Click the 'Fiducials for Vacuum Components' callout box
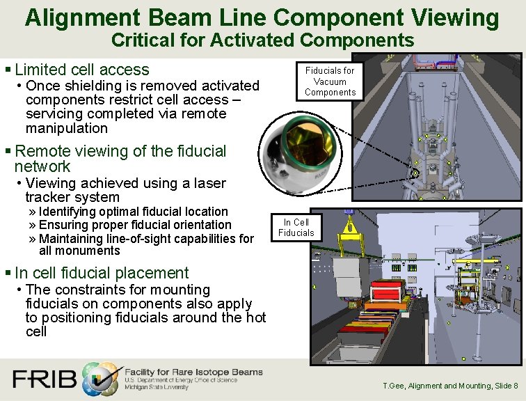(x=330, y=81)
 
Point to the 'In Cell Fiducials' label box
(x=296, y=228)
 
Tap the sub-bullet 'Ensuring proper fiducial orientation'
(x=135, y=225)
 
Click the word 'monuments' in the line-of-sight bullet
(x=79, y=251)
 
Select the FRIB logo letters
(x=44, y=379)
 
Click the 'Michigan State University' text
(x=156, y=387)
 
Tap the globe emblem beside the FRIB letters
(x=101, y=379)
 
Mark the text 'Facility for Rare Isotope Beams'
(x=193, y=372)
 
